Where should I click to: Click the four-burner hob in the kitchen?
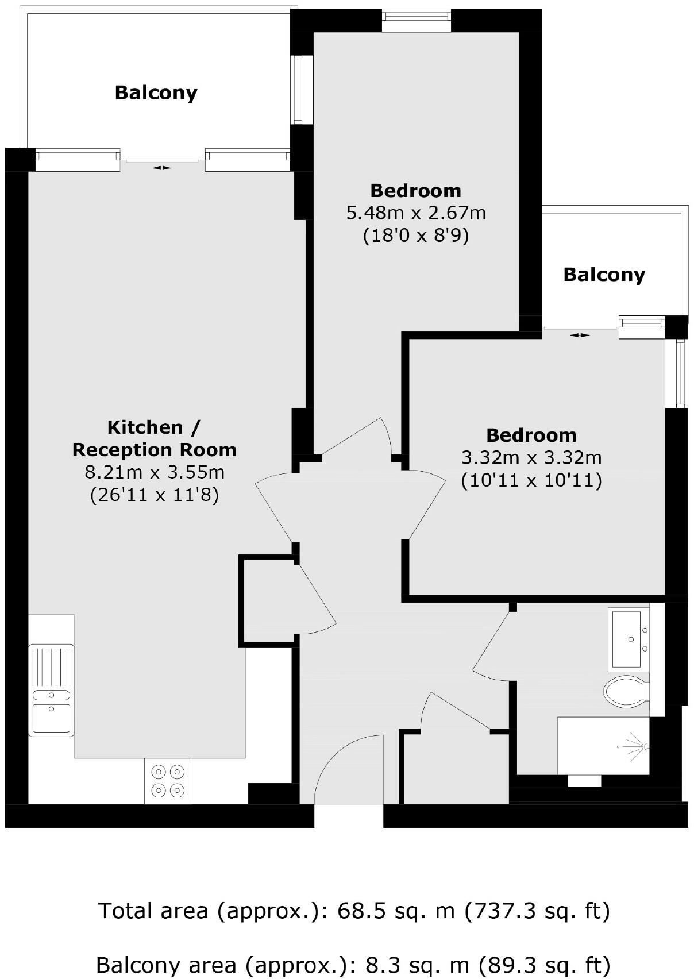point(168,781)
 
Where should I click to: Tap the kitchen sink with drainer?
point(51,690)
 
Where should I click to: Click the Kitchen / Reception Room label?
point(154,438)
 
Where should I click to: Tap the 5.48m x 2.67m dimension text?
point(416,213)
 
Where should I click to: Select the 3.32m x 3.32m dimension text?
point(531,458)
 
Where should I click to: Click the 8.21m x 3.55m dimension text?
point(154,472)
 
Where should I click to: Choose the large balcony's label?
point(156,92)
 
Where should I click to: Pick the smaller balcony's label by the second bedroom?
point(604,275)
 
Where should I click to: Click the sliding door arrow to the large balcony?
point(161,168)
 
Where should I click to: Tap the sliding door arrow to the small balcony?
point(580,335)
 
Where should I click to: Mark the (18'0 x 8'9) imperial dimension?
point(416,236)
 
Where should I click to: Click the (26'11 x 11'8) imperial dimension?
point(154,495)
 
